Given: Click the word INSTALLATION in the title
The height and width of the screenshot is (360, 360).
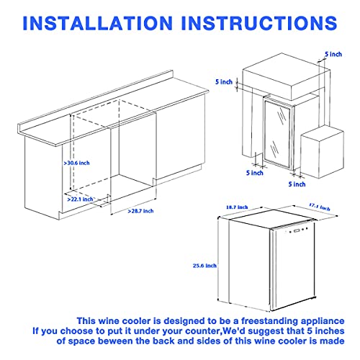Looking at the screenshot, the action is pyautogui.click(x=97, y=23).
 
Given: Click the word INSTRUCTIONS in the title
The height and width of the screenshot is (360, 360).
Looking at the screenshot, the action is pyautogui.click(x=259, y=23).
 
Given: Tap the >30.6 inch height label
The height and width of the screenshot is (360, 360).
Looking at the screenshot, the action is pyautogui.click(x=76, y=163).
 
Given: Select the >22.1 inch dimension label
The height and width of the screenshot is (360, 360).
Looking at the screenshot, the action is pyautogui.click(x=80, y=199).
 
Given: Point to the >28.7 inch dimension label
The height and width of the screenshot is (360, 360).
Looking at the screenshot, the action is pyautogui.click(x=140, y=211).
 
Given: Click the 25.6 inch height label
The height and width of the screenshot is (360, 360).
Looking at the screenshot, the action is pyautogui.click(x=204, y=266).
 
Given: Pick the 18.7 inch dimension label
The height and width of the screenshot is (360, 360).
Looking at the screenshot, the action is pyautogui.click(x=237, y=207).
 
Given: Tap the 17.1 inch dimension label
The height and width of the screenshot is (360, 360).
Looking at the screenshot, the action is pyautogui.click(x=320, y=207).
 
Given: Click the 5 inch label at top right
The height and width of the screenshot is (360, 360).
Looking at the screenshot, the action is pyautogui.click(x=333, y=54).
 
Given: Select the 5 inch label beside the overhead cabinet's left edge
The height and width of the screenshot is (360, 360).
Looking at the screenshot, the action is pyautogui.click(x=224, y=82).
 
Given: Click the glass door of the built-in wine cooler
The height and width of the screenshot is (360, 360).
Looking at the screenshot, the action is pyautogui.click(x=277, y=132).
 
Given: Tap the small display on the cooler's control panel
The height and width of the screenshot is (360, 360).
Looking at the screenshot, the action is pyautogui.click(x=297, y=231).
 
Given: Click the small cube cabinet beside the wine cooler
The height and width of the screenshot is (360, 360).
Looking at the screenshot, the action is pyautogui.click(x=322, y=153).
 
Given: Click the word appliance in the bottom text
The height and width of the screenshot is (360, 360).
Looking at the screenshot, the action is pyautogui.click(x=323, y=321).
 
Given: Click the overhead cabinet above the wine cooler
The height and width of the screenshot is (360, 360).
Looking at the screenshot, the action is pyautogui.click(x=287, y=76).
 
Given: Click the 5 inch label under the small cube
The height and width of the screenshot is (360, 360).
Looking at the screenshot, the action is pyautogui.click(x=297, y=184).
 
